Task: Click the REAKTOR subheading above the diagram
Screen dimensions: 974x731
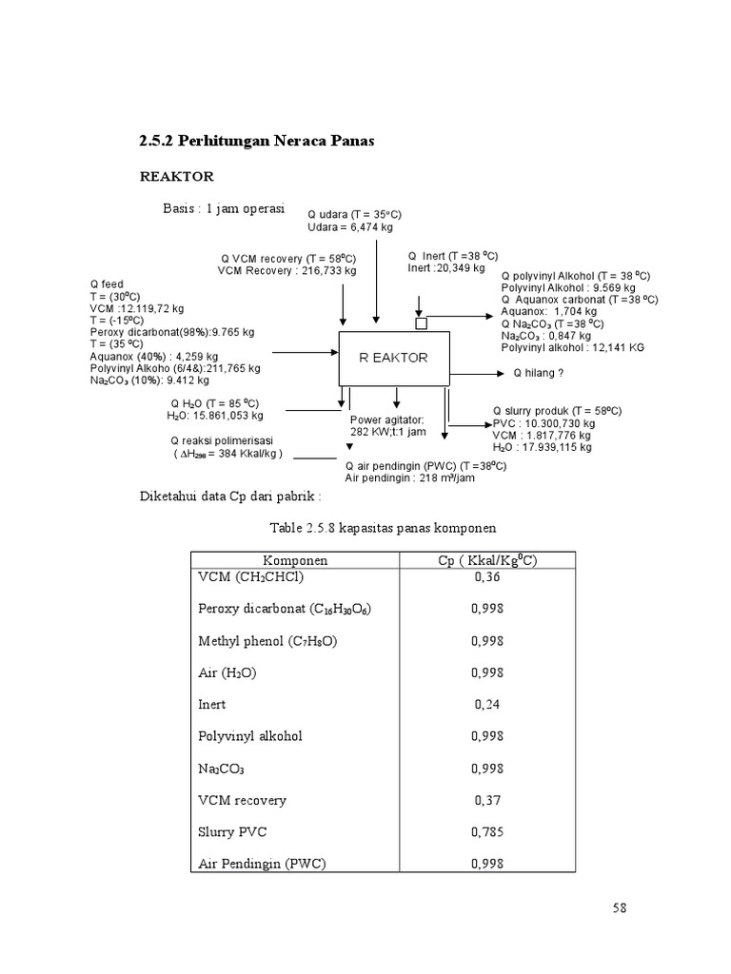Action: [x=177, y=177]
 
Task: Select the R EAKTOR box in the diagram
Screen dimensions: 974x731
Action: [x=394, y=359]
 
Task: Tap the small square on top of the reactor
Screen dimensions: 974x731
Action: [x=422, y=323]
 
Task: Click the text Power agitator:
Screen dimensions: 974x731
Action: [x=387, y=419]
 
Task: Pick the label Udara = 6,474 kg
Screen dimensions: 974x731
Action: [x=350, y=227]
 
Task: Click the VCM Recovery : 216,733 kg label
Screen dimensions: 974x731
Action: [x=286, y=270]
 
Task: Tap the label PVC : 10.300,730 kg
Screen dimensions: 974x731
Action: [x=543, y=423]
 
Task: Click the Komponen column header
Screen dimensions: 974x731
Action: [x=296, y=560]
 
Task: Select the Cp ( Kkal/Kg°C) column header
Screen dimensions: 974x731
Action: [x=487, y=560]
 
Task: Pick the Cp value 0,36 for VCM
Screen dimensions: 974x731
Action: [x=487, y=577]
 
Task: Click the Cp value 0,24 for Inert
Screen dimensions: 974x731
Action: [x=487, y=705]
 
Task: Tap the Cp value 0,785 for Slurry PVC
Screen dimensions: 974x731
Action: [x=487, y=832]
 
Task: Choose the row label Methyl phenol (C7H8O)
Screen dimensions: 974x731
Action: [x=267, y=641]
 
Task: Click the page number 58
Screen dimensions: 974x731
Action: [x=621, y=907]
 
